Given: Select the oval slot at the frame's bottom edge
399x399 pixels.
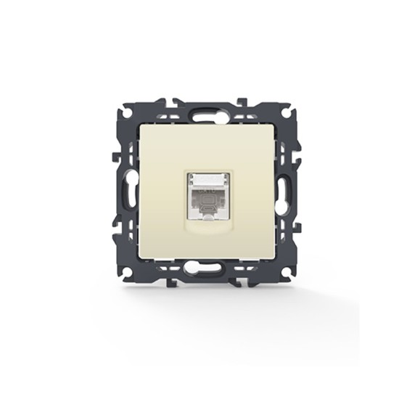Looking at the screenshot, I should click(198, 268).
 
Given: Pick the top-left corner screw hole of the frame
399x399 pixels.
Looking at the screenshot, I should click(126, 114).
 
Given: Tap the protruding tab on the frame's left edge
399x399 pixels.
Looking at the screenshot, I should click(116, 156).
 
